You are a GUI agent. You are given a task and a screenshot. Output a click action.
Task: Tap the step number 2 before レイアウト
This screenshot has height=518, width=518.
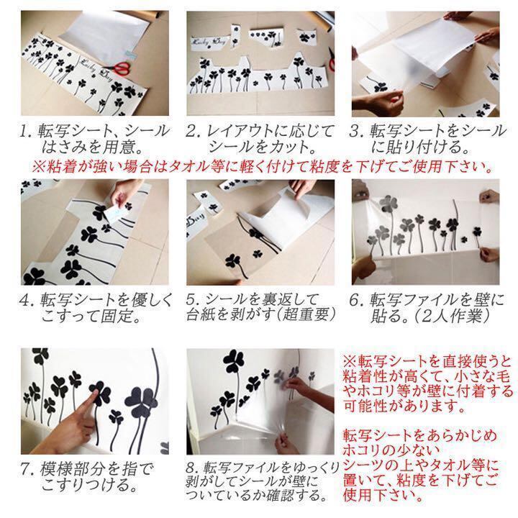tap(191, 131)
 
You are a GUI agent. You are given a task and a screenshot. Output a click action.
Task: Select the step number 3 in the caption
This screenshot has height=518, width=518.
tap(356, 131)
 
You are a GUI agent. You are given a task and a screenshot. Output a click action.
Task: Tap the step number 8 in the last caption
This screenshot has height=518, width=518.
tap(191, 470)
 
